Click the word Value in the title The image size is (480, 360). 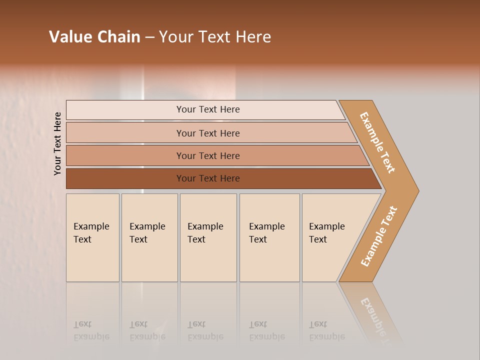[x=69, y=37]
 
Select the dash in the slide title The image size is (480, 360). [x=149, y=37]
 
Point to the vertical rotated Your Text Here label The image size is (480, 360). [x=57, y=143]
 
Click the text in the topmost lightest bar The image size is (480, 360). [x=208, y=109]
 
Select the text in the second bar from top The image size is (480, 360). [x=208, y=133]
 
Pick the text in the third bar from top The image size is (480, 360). [x=208, y=156]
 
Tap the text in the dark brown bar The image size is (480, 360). [x=208, y=178]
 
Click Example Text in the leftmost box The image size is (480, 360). [x=91, y=233]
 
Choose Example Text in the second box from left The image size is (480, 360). [x=147, y=233]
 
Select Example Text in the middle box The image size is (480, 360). [x=205, y=233]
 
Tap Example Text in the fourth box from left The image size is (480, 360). [x=266, y=233]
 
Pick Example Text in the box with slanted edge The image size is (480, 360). [x=326, y=233]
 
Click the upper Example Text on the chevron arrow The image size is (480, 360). [x=377, y=142]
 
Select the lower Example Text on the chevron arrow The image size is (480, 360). [x=379, y=236]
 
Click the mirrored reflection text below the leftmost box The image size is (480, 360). [x=91, y=330]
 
